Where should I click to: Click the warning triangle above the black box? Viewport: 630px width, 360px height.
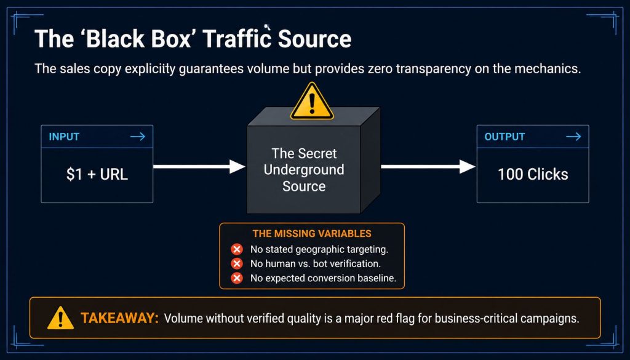pyautogui.click(x=312, y=102)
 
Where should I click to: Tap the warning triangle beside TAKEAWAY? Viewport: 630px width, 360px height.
pyautogui.click(x=60, y=318)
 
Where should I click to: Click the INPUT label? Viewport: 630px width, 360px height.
pyautogui.click(x=64, y=137)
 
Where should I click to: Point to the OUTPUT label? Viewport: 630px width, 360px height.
pyautogui.click(x=504, y=137)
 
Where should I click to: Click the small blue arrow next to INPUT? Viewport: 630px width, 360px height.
pyautogui.click(x=138, y=137)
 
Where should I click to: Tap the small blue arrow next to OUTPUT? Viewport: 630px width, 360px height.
pyautogui.click(x=573, y=137)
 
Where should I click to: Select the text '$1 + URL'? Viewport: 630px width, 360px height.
pyautogui.click(x=97, y=174)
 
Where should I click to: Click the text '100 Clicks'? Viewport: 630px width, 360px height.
pyautogui.click(x=533, y=174)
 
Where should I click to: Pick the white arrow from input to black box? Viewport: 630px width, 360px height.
pyautogui.click(x=199, y=166)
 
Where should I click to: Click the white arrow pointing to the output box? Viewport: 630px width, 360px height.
pyautogui.click(x=428, y=166)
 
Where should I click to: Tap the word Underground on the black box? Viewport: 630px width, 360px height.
pyautogui.click(x=304, y=170)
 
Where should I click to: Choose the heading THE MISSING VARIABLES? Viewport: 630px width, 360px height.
pyautogui.click(x=312, y=234)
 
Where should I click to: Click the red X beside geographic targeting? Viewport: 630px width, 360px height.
pyautogui.click(x=237, y=249)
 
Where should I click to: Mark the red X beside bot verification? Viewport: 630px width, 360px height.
pyautogui.click(x=237, y=263)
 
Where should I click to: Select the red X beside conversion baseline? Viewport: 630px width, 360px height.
pyautogui.click(x=237, y=278)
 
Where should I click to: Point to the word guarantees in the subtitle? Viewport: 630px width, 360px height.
pyautogui.click(x=211, y=69)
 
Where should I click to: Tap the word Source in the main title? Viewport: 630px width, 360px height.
pyautogui.click(x=314, y=39)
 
